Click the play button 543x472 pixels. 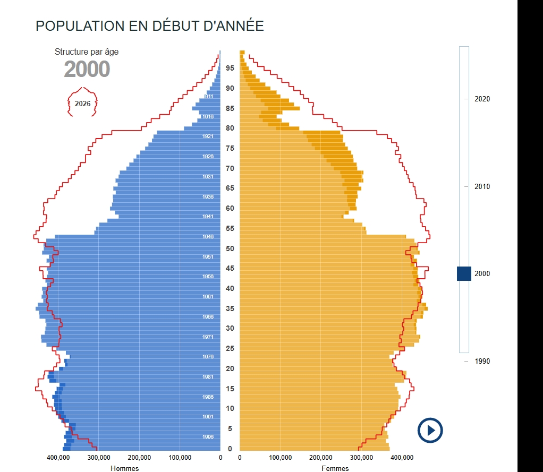tap(430, 430)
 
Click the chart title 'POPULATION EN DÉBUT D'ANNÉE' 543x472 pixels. tap(149, 26)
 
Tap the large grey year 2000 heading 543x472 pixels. tap(87, 69)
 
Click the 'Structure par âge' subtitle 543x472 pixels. tap(87, 52)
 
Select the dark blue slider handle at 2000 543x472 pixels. tap(464, 273)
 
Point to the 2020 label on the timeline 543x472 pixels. tap(482, 99)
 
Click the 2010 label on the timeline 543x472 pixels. tap(482, 186)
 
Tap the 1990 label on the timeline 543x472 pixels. tap(482, 361)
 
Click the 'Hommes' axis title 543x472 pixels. tap(125, 468)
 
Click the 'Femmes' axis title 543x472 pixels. tap(335, 468)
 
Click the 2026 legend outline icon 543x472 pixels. tap(82, 103)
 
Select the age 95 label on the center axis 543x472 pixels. tap(230, 68)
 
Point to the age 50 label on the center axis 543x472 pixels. tap(230, 248)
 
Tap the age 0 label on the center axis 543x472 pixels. tap(230, 449)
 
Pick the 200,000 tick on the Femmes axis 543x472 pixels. tap(321, 458)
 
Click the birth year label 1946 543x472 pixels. tap(208, 237)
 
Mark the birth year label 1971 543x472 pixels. tap(208, 337)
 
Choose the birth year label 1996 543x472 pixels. tap(208, 437)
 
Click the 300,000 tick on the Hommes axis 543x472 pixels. tap(99, 458)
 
